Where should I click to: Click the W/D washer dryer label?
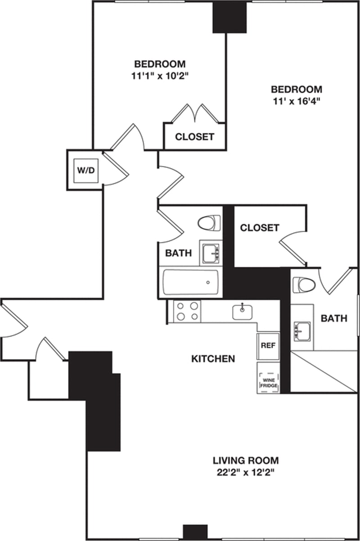(85, 170)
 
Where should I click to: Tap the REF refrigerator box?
(268, 346)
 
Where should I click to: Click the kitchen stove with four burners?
(187, 311)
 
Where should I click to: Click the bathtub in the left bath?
(191, 282)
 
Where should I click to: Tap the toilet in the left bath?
(209, 223)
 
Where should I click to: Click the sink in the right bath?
(302, 331)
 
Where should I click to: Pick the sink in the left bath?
(211, 253)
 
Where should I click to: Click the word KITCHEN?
(213, 359)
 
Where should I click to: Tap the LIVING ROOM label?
(246, 460)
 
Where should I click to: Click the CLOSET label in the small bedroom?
(194, 137)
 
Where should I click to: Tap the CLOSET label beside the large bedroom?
(259, 228)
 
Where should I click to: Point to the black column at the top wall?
(229, 17)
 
